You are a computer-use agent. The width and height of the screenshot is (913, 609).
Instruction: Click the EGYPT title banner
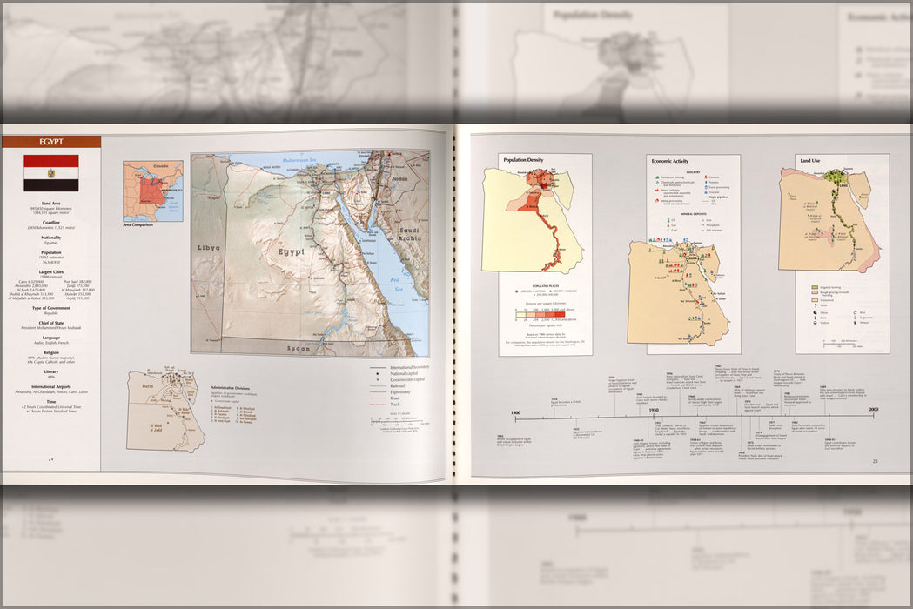pos(50,142)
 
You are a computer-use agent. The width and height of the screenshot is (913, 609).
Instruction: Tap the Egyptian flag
pos(50,173)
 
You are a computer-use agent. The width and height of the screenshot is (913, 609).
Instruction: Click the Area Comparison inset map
pos(152,191)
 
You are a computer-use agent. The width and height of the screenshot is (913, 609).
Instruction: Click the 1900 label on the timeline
pos(515,410)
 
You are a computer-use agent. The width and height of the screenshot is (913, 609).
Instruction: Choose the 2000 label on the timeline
pos(872,410)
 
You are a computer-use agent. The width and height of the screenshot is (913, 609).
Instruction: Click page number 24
pos(50,458)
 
